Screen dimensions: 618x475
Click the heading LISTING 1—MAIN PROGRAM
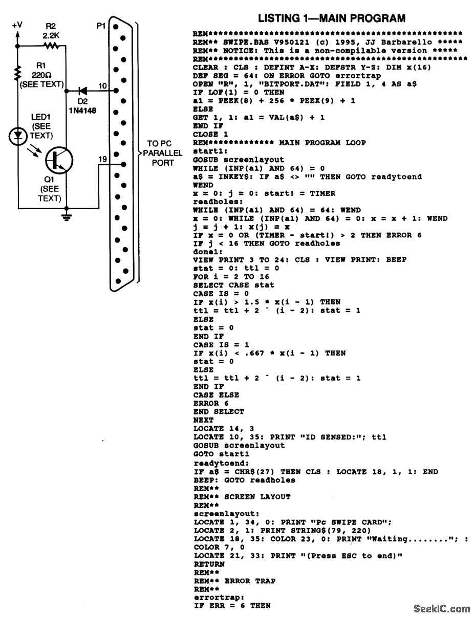tap(332, 18)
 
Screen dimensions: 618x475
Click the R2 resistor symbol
tap(52, 47)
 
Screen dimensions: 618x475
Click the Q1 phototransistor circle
tap(56, 160)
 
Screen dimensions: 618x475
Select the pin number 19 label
tap(103, 159)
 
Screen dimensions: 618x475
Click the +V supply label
tap(18, 25)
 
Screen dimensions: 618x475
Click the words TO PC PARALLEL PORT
tap(159, 153)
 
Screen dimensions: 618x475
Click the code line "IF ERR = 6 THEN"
tap(232, 606)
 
